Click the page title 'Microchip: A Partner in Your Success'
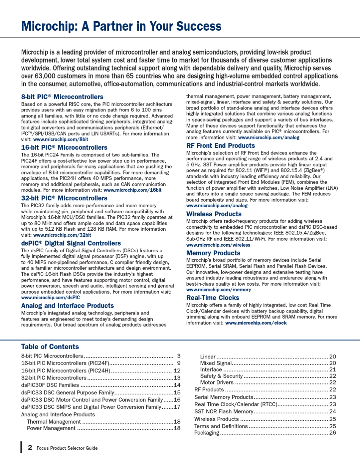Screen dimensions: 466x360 click(x=121, y=26)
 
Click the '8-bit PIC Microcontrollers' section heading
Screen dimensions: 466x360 click(x=62, y=97)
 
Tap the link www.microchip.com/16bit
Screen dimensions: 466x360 click(x=132, y=190)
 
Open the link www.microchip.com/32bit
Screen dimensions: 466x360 click(x=62, y=235)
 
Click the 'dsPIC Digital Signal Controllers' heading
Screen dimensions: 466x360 click(x=71, y=243)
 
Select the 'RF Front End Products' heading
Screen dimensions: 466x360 click(x=221, y=145)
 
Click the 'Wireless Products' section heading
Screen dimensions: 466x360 click(x=214, y=214)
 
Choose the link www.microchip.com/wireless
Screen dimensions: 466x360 click(x=218, y=245)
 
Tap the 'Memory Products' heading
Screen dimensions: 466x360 click(x=213, y=253)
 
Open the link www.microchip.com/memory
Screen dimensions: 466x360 click(x=218, y=289)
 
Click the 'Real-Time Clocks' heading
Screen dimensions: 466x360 click(x=213, y=298)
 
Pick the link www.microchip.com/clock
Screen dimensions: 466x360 click(x=256, y=323)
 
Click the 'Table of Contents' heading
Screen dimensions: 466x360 click(x=50, y=347)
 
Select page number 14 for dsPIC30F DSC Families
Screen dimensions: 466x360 click(x=177, y=385)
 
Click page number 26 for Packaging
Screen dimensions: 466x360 click(x=333, y=433)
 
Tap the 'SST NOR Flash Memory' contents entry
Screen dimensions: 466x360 click(x=224, y=411)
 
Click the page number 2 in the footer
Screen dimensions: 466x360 click(x=30, y=447)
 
